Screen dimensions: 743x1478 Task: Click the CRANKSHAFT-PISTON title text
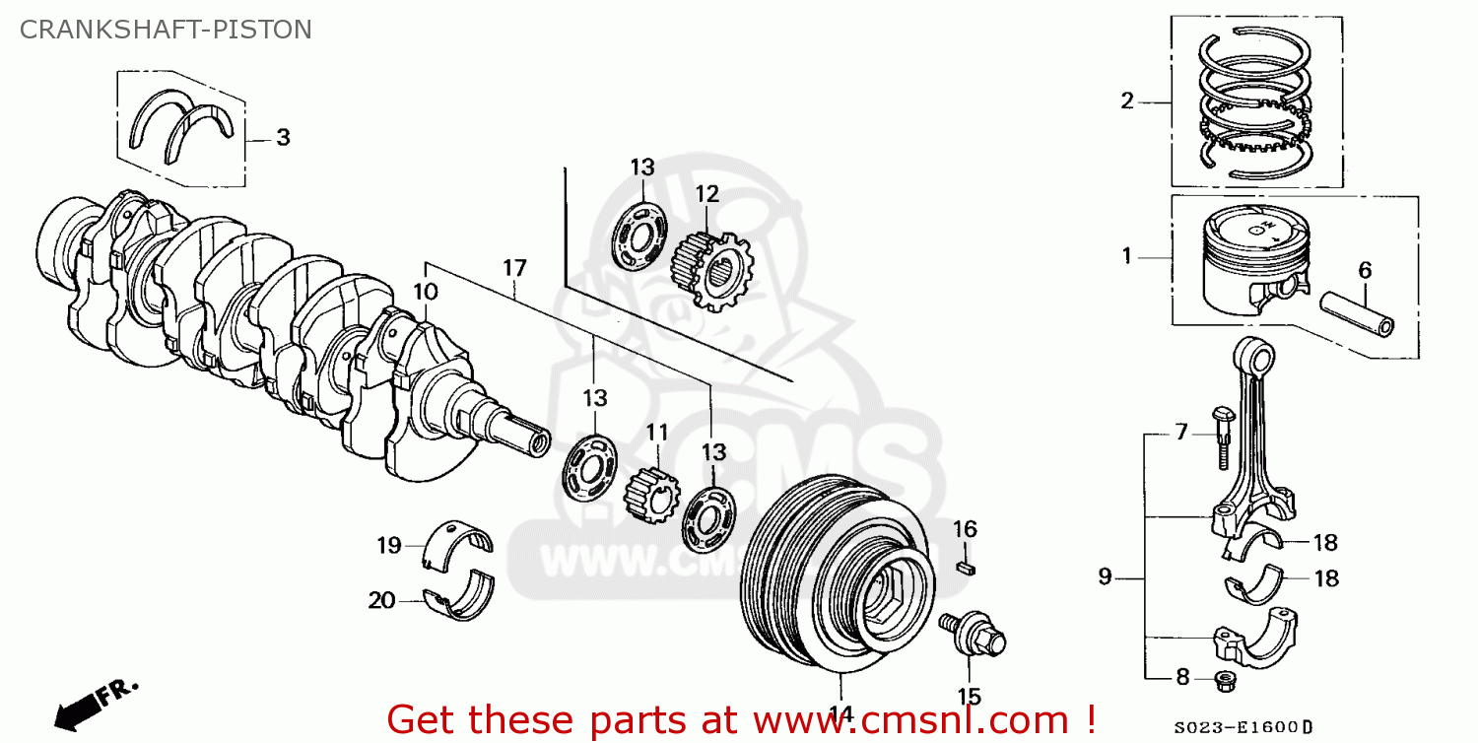click(x=166, y=30)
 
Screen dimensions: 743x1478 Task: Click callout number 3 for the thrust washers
click(x=283, y=138)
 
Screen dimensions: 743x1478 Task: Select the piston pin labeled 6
click(x=1357, y=310)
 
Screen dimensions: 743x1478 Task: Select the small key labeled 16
click(x=966, y=567)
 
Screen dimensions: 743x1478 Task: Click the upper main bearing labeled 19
click(x=458, y=546)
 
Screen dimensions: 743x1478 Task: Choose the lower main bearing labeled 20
click(x=460, y=599)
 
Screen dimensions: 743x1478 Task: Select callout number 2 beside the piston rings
click(x=1127, y=101)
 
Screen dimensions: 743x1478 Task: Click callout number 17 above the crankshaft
click(x=514, y=268)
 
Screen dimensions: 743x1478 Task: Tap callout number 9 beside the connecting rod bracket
click(x=1106, y=576)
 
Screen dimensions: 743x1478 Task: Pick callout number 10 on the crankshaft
click(x=425, y=292)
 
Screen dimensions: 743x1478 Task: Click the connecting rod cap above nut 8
click(x=1254, y=636)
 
